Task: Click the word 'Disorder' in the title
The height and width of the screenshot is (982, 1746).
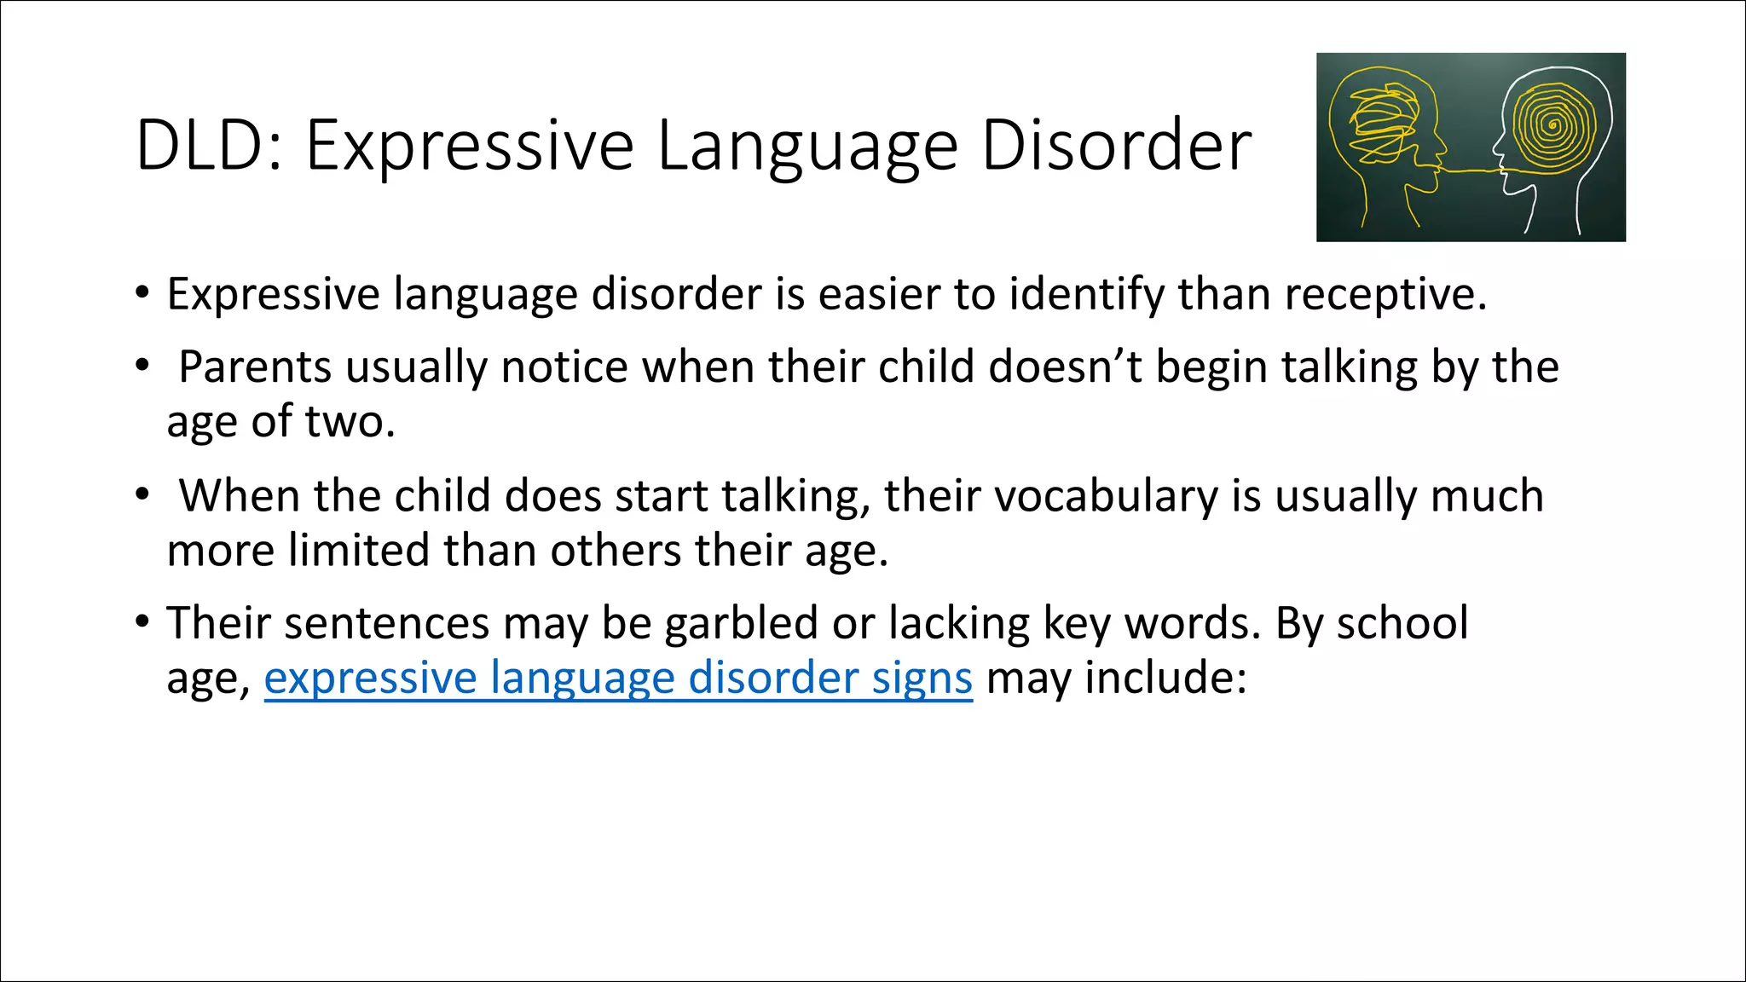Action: tap(1116, 146)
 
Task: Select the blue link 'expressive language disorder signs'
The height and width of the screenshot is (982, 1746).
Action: tap(618, 679)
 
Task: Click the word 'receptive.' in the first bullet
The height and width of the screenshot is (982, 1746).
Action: tap(1385, 294)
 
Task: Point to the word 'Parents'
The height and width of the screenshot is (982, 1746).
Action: tap(255, 367)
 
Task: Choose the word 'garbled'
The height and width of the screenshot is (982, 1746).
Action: tap(742, 623)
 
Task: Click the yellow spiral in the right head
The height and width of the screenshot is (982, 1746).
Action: tap(1552, 126)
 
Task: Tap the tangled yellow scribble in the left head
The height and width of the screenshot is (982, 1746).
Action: tap(1381, 124)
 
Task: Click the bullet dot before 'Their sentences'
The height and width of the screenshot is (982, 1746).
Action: tap(142, 621)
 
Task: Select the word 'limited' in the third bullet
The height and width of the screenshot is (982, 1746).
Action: tap(359, 551)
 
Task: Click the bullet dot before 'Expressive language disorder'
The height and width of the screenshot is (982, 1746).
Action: tap(142, 292)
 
